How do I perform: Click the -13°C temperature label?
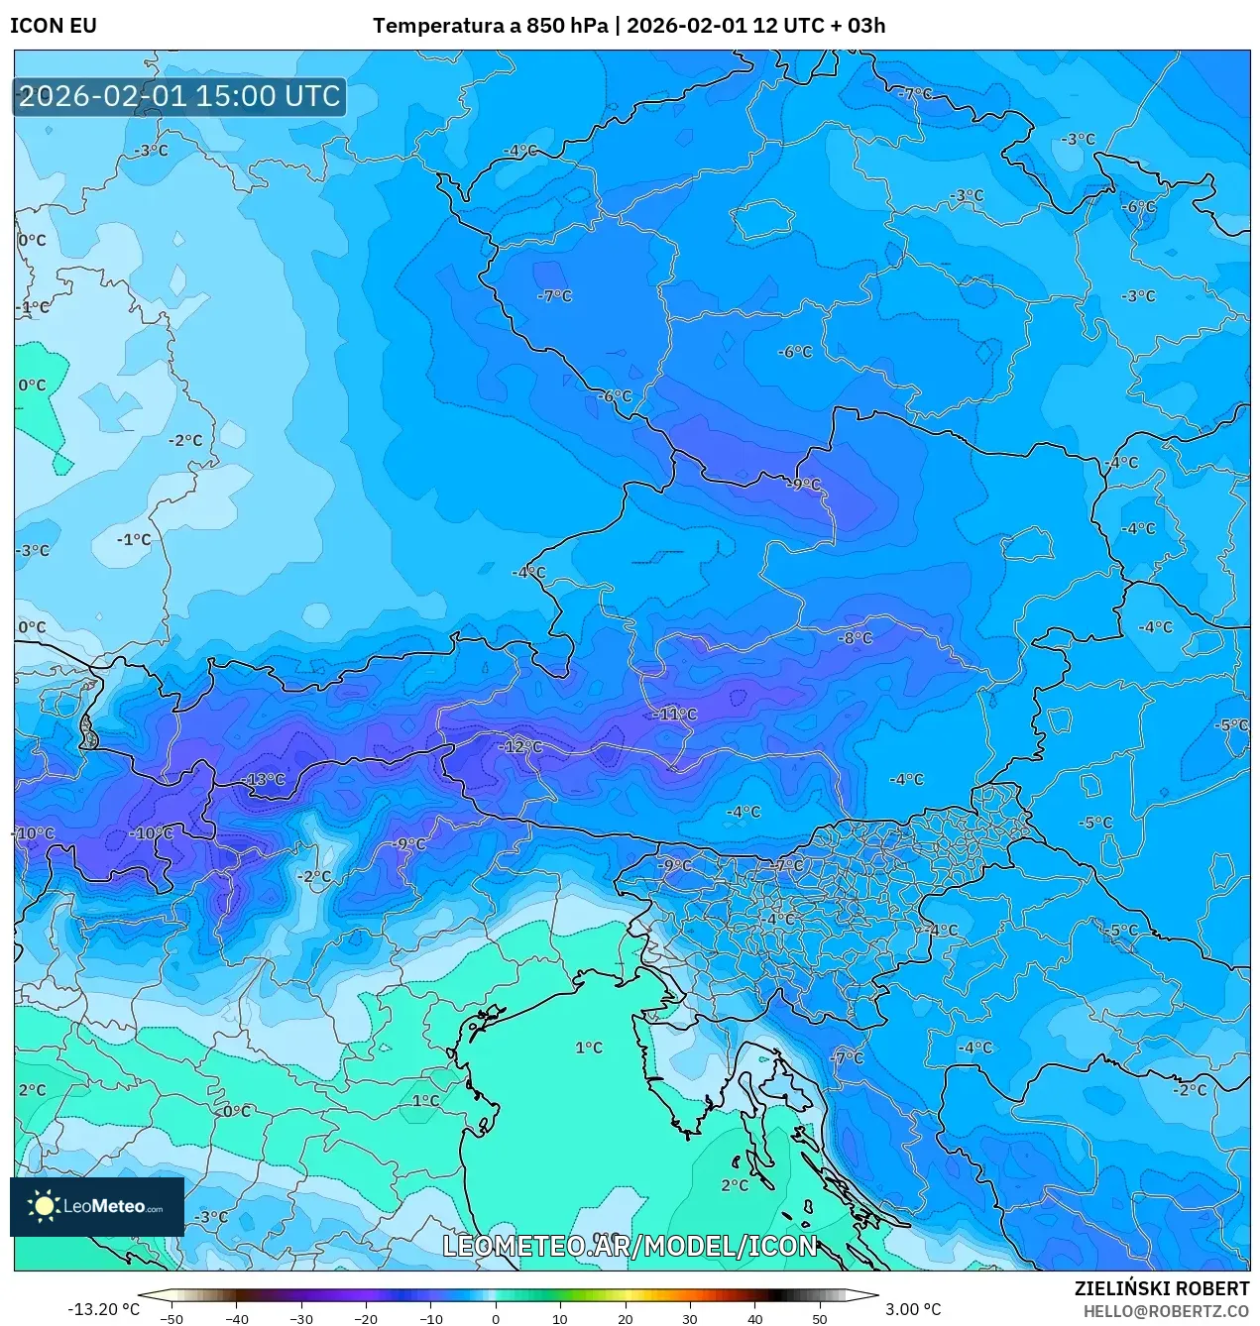click(264, 780)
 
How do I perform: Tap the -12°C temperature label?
click(522, 747)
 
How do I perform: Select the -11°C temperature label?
click(676, 715)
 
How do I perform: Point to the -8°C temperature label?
click(855, 638)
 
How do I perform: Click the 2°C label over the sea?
click(735, 1185)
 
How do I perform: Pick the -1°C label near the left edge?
click(33, 308)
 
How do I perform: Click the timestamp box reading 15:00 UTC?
click(179, 96)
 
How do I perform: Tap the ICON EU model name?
click(54, 26)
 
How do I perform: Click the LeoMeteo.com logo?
click(97, 1206)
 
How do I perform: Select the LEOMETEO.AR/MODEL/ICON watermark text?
click(630, 1246)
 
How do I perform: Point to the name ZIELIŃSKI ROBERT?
click(1162, 1288)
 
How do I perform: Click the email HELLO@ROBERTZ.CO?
click(1166, 1311)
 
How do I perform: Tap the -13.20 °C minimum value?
click(103, 1309)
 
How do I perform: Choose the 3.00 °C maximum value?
click(913, 1309)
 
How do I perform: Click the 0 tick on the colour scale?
click(496, 1318)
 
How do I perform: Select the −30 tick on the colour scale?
click(301, 1318)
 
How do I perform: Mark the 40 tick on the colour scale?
click(754, 1318)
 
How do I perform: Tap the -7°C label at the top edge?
click(914, 94)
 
